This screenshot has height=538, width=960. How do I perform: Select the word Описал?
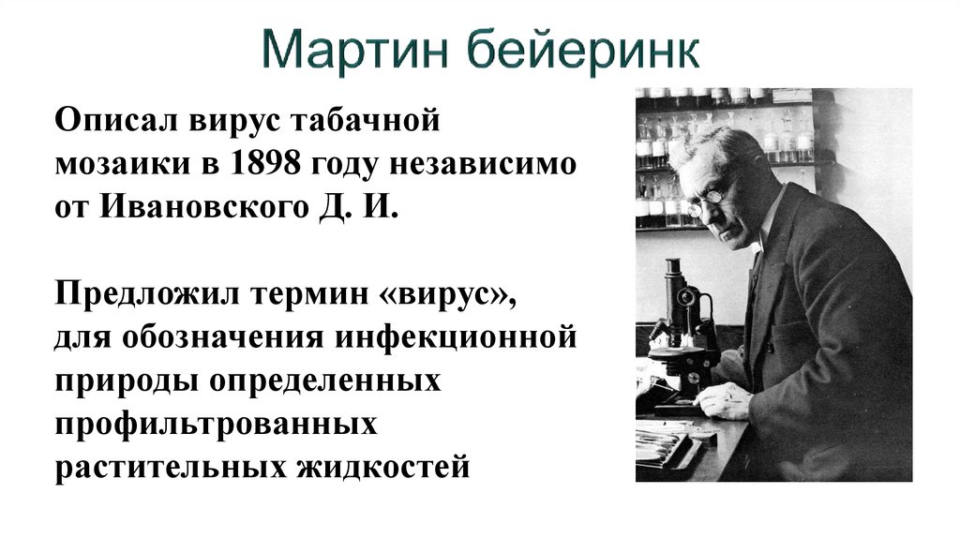118,123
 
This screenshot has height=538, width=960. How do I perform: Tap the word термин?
313,291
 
